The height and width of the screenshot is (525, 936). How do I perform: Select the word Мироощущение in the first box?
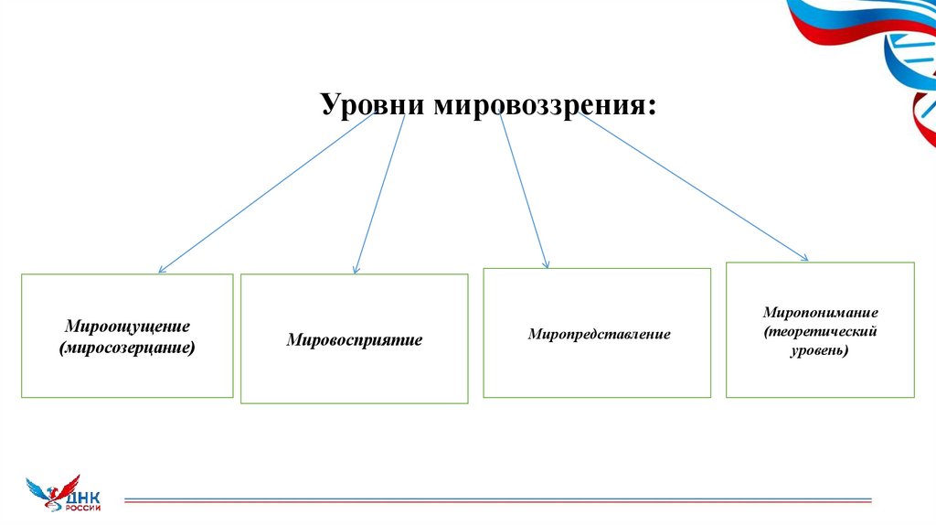(127, 327)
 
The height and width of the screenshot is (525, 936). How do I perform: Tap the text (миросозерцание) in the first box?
(127, 348)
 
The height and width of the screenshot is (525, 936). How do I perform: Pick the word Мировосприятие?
(355, 340)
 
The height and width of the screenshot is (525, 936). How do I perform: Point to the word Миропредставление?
(599, 335)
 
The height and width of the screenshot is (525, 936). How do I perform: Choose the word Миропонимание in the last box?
(820, 312)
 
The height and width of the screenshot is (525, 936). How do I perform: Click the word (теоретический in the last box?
(820, 330)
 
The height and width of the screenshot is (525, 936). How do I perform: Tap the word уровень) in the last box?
(820, 349)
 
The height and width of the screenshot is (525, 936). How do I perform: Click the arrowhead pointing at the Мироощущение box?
(162, 269)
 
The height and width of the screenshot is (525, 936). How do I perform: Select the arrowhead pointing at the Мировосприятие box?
(356, 269)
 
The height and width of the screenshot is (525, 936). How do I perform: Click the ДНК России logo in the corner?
(64, 494)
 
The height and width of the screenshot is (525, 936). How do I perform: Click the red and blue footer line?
(498, 501)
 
